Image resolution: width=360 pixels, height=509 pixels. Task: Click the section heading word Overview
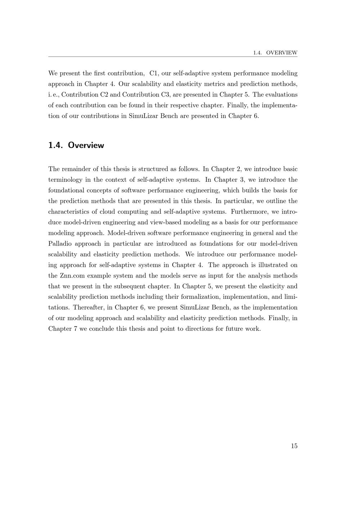click(86, 145)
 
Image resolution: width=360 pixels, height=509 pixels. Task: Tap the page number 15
click(294, 446)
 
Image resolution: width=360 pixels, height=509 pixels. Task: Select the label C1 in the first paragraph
click(154, 73)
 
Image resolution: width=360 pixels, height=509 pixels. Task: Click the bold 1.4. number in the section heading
click(56, 145)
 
